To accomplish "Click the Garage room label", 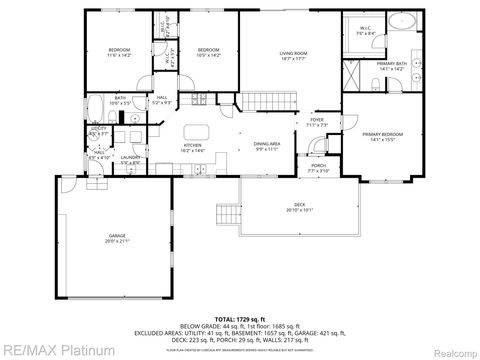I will click(118, 238).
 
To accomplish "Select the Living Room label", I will click(293, 56).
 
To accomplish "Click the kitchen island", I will click(195, 130).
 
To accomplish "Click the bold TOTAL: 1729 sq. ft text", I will click(240, 319).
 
